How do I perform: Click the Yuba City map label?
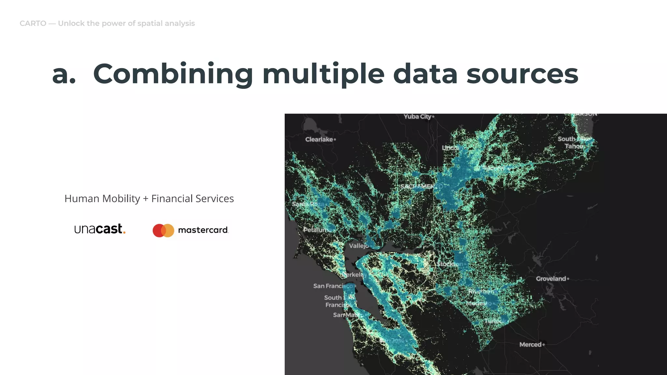[417, 117]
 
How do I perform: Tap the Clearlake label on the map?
[319, 139]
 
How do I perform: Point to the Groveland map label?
[551, 279]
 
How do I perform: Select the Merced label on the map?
[530, 344]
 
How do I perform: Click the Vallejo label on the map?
[359, 246]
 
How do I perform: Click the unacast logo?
[100, 229]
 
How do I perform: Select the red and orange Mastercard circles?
[163, 230]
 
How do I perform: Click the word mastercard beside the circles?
[203, 230]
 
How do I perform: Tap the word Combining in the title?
[173, 74]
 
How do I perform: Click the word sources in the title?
[522, 74]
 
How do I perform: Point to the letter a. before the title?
[64, 74]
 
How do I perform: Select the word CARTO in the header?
[33, 23]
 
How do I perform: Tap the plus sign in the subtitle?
[146, 199]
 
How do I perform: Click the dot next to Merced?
[544, 344]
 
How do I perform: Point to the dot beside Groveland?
[568, 279]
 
